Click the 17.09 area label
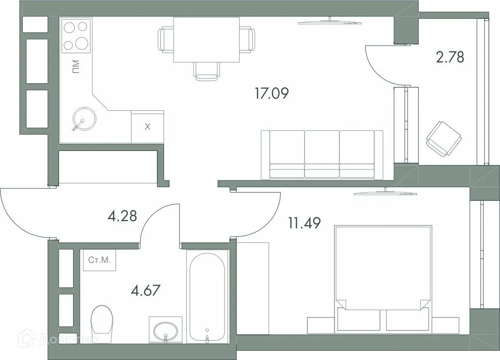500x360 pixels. [272, 93]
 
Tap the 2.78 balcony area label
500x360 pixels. [450, 57]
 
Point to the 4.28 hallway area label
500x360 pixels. [122, 215]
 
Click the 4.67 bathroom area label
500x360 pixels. [146, 291]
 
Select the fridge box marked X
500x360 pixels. [148, 127]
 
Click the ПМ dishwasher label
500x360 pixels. [76, 67]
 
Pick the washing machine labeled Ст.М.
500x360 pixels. [99, 260]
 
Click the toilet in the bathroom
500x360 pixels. [102, 321]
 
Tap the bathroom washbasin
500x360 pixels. [166, 330]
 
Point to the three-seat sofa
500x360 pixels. [322, 154]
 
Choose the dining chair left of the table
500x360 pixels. [166, 39]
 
